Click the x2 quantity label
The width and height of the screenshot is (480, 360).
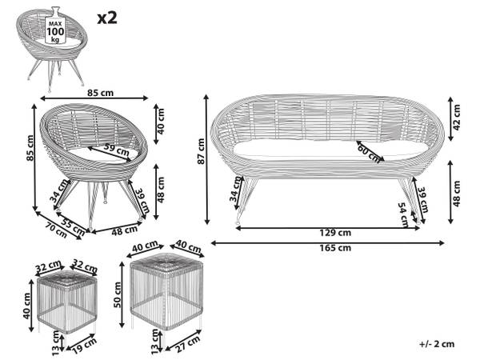coord(107,18)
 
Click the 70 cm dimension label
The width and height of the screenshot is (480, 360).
coord(56,230)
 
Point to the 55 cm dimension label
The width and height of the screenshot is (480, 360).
coord(73,226)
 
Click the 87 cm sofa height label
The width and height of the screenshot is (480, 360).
coord(201,151)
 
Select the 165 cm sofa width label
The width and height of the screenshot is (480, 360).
coord(335,248)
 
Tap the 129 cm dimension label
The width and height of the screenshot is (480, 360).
coord(335,233)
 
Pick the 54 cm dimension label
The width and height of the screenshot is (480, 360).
coord(404,215)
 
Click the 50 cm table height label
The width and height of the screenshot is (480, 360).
coord(118,294)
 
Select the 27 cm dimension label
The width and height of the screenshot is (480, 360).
coord(187,343)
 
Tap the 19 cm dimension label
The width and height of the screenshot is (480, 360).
coord(86,346)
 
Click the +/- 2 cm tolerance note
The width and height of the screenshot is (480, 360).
coord(437,344)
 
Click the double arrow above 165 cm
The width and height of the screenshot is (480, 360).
coord(327,243)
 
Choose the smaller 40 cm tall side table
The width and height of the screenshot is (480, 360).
coord(66,302)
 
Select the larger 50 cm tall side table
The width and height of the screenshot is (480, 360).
coord(166,292)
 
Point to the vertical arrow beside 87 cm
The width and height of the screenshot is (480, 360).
coord(207,159)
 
